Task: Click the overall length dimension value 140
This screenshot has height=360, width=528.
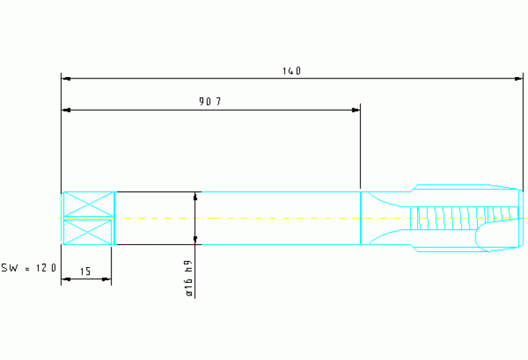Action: coord(292,71)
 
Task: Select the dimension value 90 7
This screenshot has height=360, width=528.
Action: coord(210,101)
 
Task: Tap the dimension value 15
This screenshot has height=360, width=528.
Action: coord(85,271)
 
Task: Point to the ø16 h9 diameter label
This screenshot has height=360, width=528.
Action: coord(189,278)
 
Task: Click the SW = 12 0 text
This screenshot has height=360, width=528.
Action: coord(29,268)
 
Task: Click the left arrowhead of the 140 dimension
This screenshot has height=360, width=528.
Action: coord(66,78)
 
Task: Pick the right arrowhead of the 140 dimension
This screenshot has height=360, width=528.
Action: coord(518,78)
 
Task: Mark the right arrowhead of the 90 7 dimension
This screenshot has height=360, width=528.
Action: coord(355,110)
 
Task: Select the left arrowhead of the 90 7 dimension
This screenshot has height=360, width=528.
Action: coord(66,110)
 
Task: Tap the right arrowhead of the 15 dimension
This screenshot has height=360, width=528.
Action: coord(106,279)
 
